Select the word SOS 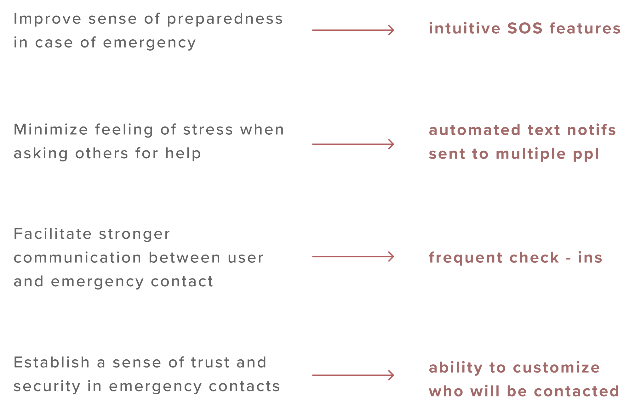(x=525, y=28)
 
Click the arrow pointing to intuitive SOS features (x=353, y=30)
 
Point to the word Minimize (x=51, y=130)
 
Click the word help (x=183, y=154)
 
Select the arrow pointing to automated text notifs (x=353, y=144)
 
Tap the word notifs (x=592, y=130)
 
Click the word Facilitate (x=53, y=234)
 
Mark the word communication (x=77, y=258)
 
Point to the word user (x=245, y=258)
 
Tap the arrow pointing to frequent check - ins (x=353, y=256)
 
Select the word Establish (x=52, y=363)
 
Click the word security (x=47, y=387)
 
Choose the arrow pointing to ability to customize (x=353, y=375)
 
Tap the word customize (x=556, y=368)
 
